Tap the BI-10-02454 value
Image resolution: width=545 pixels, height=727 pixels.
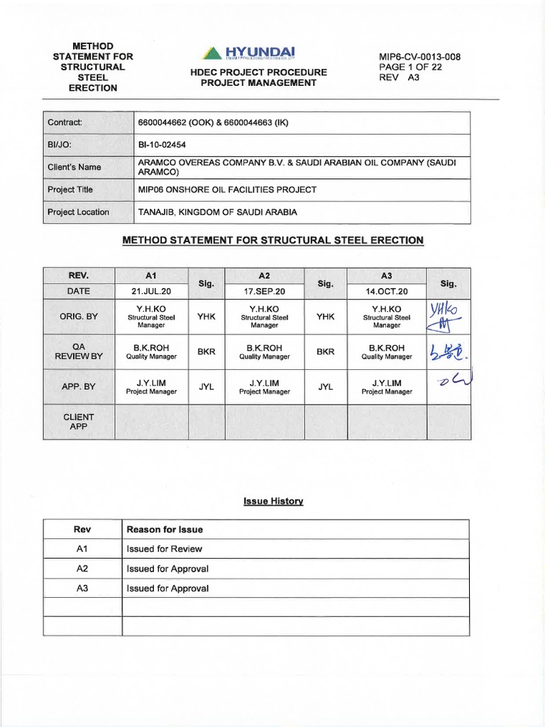point(161,145)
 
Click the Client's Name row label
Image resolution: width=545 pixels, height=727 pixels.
point(75,168)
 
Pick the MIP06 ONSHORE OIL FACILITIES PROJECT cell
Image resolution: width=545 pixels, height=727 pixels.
point(226,190)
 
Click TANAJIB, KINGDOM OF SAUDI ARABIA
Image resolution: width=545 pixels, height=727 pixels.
point(217,212)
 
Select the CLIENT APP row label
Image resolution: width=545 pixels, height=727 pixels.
point(77,422)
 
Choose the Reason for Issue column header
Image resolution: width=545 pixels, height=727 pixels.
point(165,530)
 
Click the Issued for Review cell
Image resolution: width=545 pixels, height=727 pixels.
point(164,549)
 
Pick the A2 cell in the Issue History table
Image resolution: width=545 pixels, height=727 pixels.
point(83,569)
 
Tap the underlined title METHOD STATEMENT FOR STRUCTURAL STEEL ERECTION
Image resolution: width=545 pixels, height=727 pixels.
point(273,241)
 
